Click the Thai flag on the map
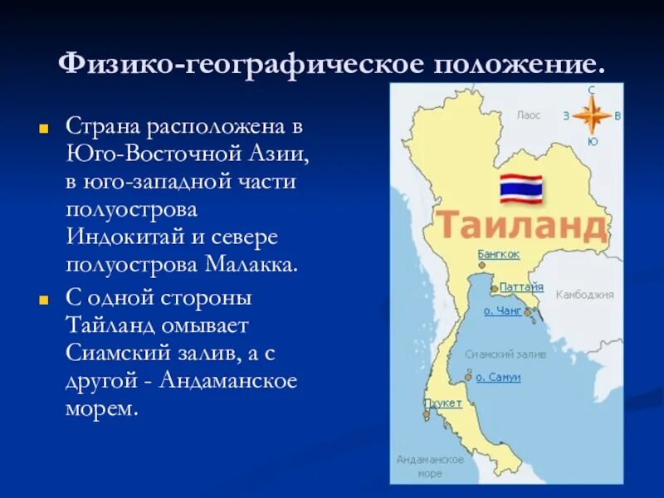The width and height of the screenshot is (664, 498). (x=520, y=188)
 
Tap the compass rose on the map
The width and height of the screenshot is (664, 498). (x=592, y=115)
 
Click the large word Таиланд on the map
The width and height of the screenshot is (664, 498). (x=520, y=226)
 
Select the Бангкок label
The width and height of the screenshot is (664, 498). (x=499, y=254)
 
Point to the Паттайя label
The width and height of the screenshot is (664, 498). (x=521, y=286)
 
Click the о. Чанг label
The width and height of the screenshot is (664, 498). (x=503, y=310)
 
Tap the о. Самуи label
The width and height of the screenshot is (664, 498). (x=498, y=377)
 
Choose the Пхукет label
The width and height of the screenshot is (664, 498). (x=442, y=403)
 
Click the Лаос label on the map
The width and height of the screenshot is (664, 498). (x=529, y=116)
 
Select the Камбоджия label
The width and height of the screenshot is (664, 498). (x=584, y=294)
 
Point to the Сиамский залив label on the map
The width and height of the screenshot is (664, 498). (x=505, y=354)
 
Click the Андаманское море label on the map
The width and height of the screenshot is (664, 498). (x=429, y=466)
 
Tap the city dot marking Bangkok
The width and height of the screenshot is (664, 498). (x=481, y=266)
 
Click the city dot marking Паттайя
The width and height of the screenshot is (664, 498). (x=495, y=289)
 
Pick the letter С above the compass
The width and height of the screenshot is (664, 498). (x=592, y=90)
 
